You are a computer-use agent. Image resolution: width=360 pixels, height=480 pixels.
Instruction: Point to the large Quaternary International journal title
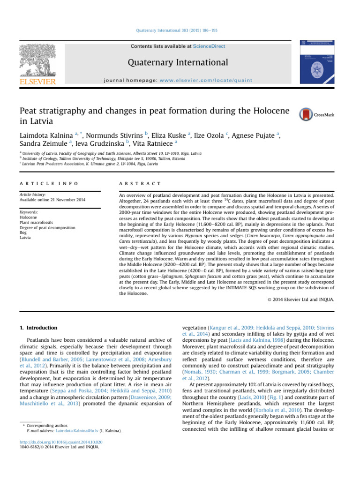click(x=180, y=62)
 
